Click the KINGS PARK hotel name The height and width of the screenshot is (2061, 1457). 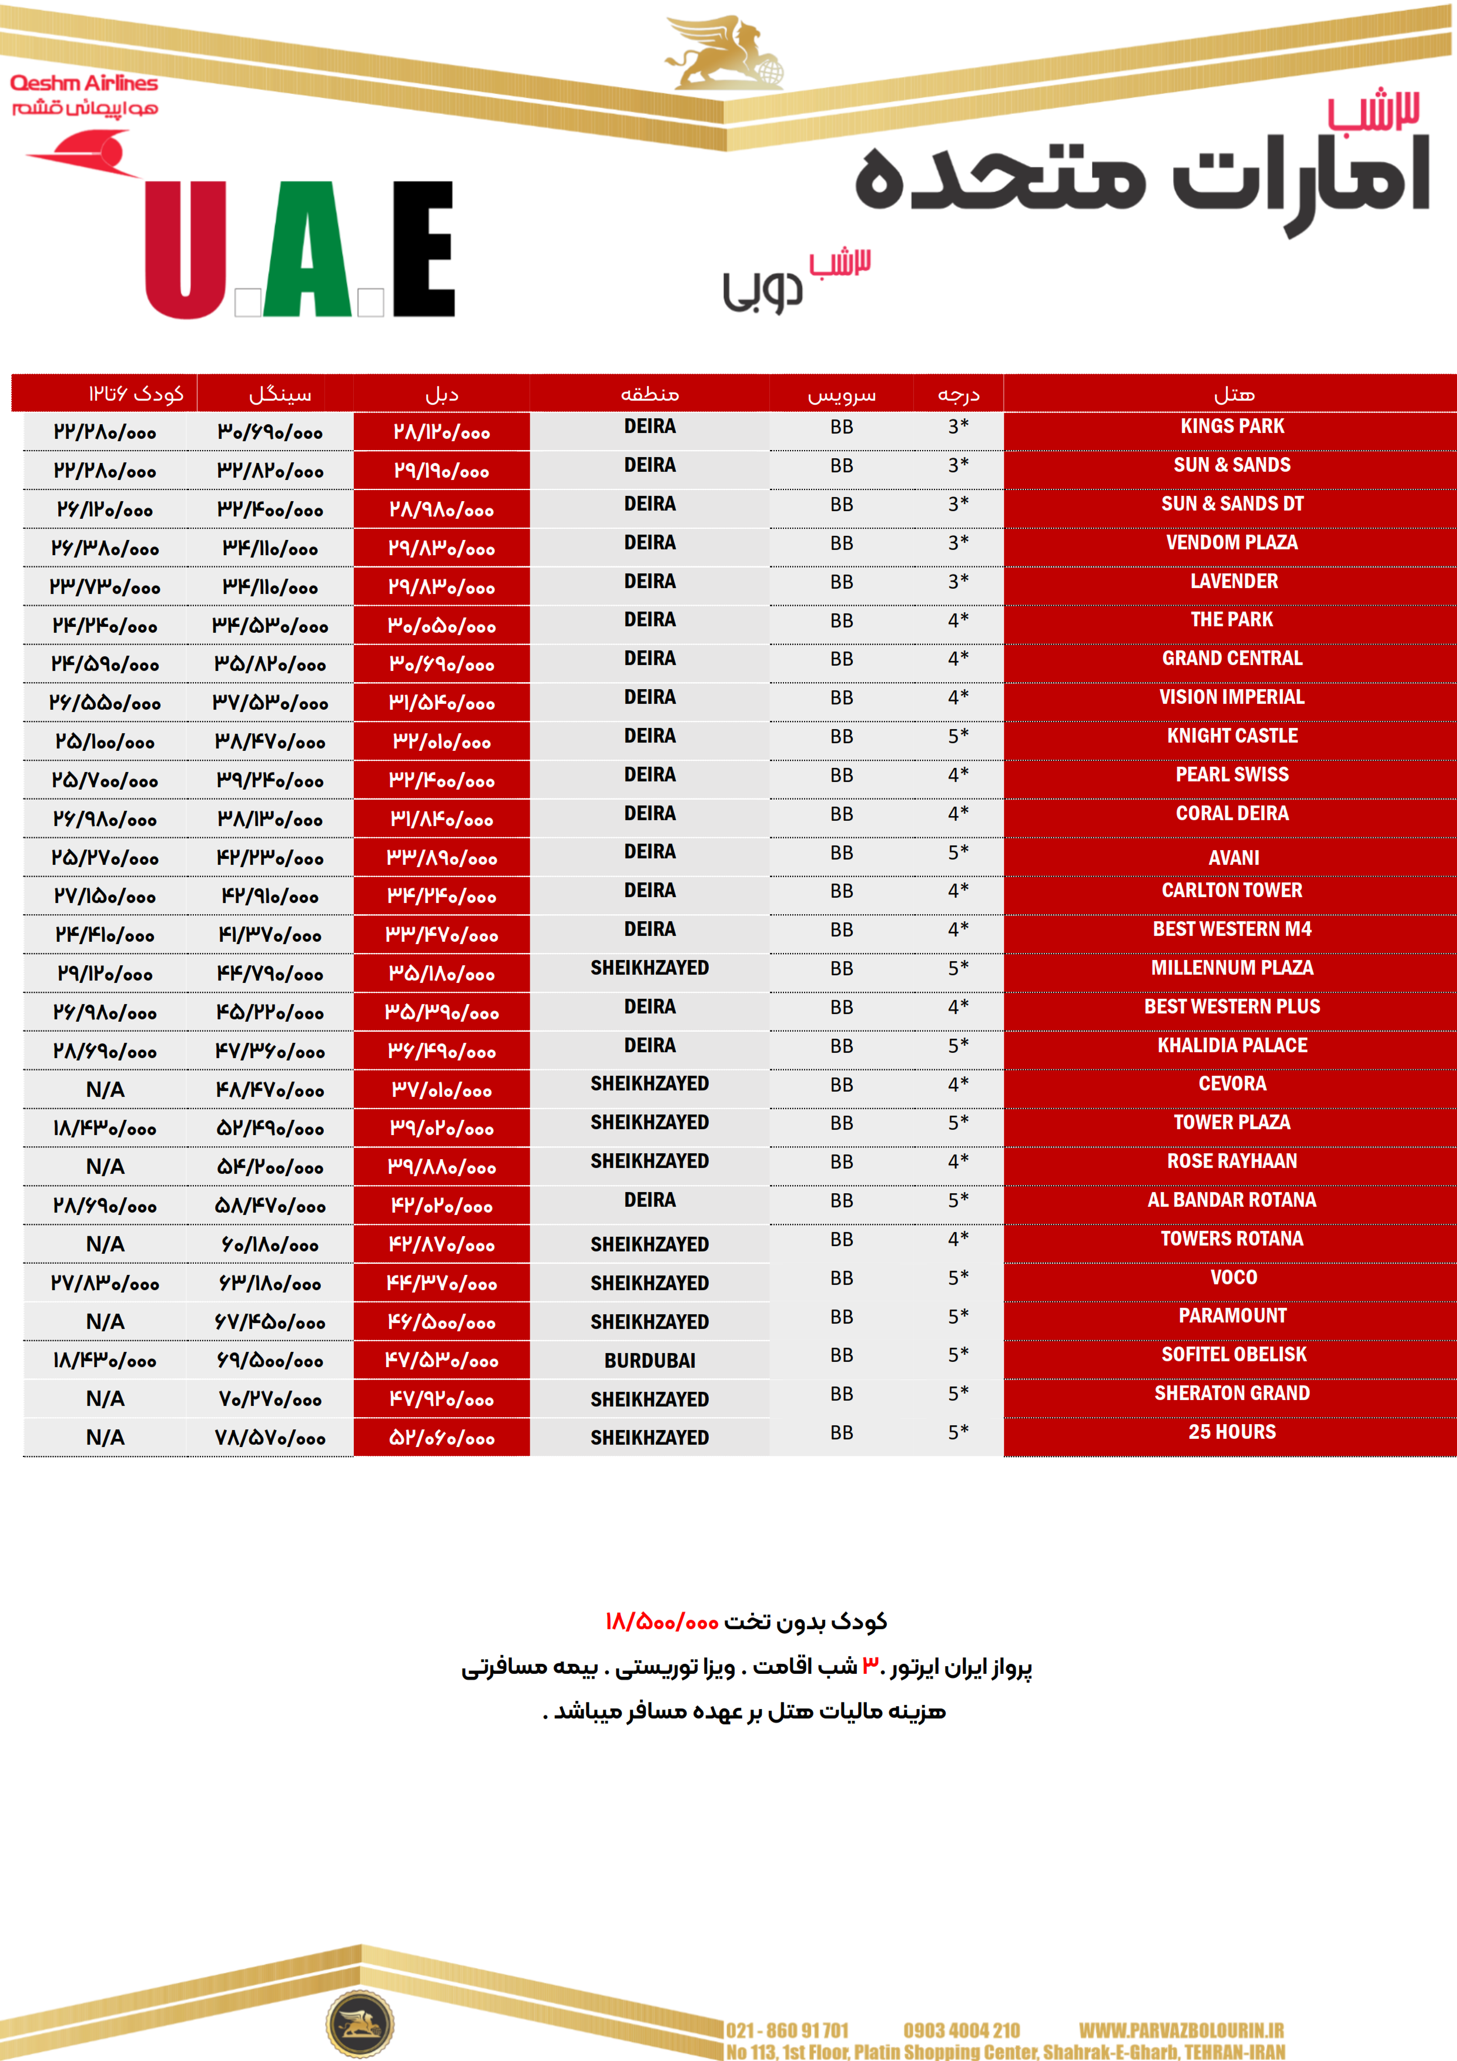click(1232, 427)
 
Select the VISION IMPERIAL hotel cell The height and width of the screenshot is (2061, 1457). click(1232, 697)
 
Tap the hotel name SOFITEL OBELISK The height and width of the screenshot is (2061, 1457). click(1234, 1355)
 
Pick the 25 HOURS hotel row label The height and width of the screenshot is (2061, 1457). click(1232, 1432)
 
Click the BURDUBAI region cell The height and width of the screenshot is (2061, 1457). click(649, 1361)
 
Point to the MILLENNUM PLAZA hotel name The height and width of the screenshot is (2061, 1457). click(1232, 968)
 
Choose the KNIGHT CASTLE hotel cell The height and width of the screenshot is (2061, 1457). click(1232, 736)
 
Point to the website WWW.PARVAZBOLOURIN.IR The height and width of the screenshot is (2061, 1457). click(1181, 2030)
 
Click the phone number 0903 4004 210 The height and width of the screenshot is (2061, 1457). click(962, 2030)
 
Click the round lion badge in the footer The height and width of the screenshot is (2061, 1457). click(359, 2024)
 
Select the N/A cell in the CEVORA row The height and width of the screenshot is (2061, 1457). click(105, 1090)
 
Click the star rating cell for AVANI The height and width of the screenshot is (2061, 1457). click(958, 852)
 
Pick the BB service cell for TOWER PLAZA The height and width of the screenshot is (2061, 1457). click(841, 1123)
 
